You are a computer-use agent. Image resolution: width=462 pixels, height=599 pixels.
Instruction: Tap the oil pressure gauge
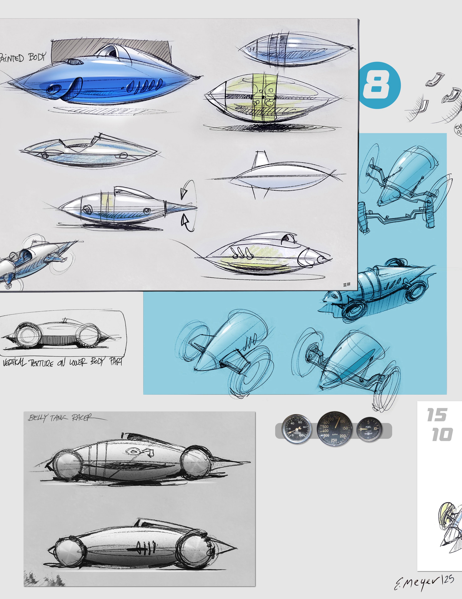(297, 429)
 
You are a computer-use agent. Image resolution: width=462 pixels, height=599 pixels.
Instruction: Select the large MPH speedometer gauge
(334, 429)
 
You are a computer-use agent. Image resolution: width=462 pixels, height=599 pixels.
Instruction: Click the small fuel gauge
(369, 429)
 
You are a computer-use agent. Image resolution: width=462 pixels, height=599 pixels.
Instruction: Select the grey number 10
(442, 435)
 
